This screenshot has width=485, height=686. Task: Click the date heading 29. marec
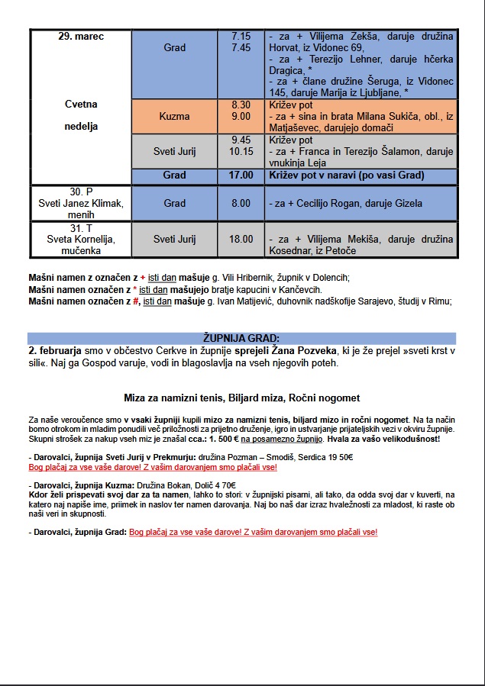81,37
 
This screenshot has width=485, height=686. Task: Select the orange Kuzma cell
175,116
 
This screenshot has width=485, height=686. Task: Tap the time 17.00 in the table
241,176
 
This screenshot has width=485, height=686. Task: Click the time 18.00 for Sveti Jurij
241,239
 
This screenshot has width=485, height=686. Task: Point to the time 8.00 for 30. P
241,203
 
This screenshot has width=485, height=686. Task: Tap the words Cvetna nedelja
81,115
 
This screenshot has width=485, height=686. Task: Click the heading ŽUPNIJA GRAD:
241,338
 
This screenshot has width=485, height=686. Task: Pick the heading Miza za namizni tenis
179,398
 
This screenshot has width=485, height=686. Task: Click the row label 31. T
81,228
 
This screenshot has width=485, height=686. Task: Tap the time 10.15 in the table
241,151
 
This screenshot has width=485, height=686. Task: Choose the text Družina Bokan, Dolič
176,485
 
